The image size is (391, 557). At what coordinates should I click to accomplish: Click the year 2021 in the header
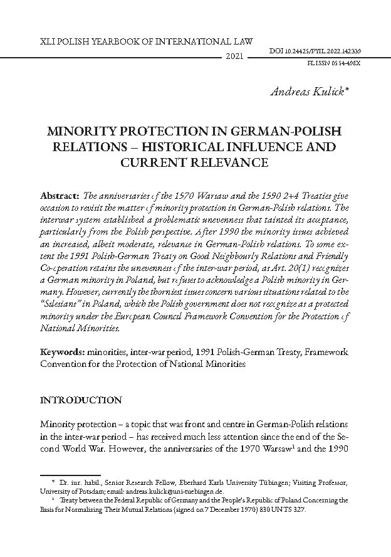coord(233,57)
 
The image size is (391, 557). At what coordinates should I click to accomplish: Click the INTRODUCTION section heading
coord(81,400)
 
